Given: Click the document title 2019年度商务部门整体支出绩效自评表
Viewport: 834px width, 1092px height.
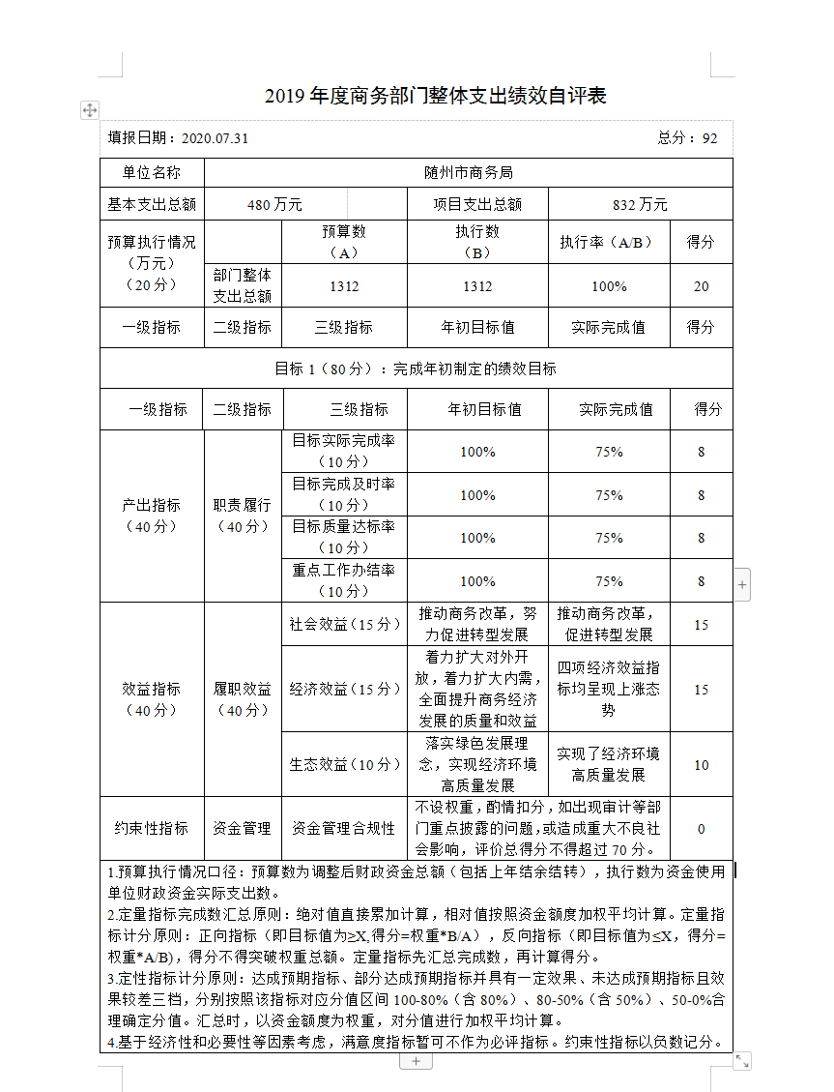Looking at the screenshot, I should [435, 96].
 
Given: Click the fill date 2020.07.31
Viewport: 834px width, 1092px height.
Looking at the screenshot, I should [215, 138].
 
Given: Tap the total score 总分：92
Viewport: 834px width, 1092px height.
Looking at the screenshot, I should [687, 138].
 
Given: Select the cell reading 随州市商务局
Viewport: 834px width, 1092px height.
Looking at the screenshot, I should [469, 173].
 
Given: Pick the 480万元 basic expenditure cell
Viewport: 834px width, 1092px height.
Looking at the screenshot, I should [274, 204].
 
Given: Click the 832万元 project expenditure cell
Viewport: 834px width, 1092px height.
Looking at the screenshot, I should [640, 204].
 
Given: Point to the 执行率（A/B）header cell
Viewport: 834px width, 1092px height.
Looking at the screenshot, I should [608, 243].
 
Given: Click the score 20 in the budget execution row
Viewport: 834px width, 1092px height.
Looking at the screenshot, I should [701, 286].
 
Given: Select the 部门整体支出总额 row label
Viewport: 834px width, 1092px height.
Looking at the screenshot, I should [243, 286].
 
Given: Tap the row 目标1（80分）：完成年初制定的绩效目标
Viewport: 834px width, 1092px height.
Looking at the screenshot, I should [417, 369].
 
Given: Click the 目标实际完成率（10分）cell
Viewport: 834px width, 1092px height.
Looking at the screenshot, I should [343, 451].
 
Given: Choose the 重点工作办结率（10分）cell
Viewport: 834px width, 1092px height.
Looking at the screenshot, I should [343, 580].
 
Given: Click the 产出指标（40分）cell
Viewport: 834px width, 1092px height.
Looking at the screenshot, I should [152, 516].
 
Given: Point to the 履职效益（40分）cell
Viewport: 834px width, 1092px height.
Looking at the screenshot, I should [243, 699].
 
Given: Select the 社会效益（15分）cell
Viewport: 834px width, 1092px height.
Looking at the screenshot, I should [344, 625].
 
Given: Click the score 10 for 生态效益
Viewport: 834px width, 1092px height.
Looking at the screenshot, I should [701, 765].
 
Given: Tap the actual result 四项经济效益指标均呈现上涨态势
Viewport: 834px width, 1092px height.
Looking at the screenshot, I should [609, 689].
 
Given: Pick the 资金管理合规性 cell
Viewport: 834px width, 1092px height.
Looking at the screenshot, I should [344, 829].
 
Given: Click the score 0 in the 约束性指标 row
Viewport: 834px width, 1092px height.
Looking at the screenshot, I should [701, 829].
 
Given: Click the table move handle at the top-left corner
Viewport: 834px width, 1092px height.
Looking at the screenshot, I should [89, 110].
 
